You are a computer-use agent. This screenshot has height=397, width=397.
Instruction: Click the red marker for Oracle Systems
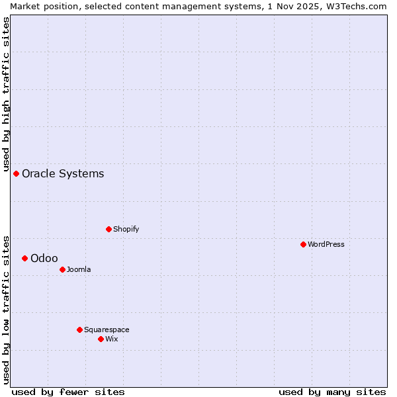[17, 173]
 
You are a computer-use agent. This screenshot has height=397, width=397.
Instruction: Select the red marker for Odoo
[25, 258]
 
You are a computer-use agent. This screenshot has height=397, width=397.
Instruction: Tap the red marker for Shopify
[109, 229]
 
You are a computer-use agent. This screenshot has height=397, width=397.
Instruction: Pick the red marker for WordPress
[304, 244]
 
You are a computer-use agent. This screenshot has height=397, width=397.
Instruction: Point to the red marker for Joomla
[63, 269]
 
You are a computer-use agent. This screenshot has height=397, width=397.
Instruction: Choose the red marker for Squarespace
[80, 330]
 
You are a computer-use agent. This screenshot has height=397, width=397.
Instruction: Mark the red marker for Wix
[101, 339]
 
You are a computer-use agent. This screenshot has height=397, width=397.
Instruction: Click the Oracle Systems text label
[63, 173]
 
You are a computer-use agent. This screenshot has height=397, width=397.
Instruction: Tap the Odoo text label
[44, 258]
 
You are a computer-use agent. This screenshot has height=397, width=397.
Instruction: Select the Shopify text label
[126, 229]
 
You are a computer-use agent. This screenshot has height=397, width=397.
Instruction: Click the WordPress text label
[326, 244]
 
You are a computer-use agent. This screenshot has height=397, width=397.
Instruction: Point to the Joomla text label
[79, 269]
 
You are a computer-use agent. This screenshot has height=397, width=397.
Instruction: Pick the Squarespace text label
[107, 330]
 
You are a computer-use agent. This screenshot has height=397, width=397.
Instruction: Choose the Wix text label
[112, 339]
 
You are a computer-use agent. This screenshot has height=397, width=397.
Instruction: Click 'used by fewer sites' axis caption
[68, 392]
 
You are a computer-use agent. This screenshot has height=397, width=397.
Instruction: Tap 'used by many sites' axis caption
[332, 392]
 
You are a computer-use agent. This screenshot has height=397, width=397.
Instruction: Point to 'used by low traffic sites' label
[6, 310]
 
